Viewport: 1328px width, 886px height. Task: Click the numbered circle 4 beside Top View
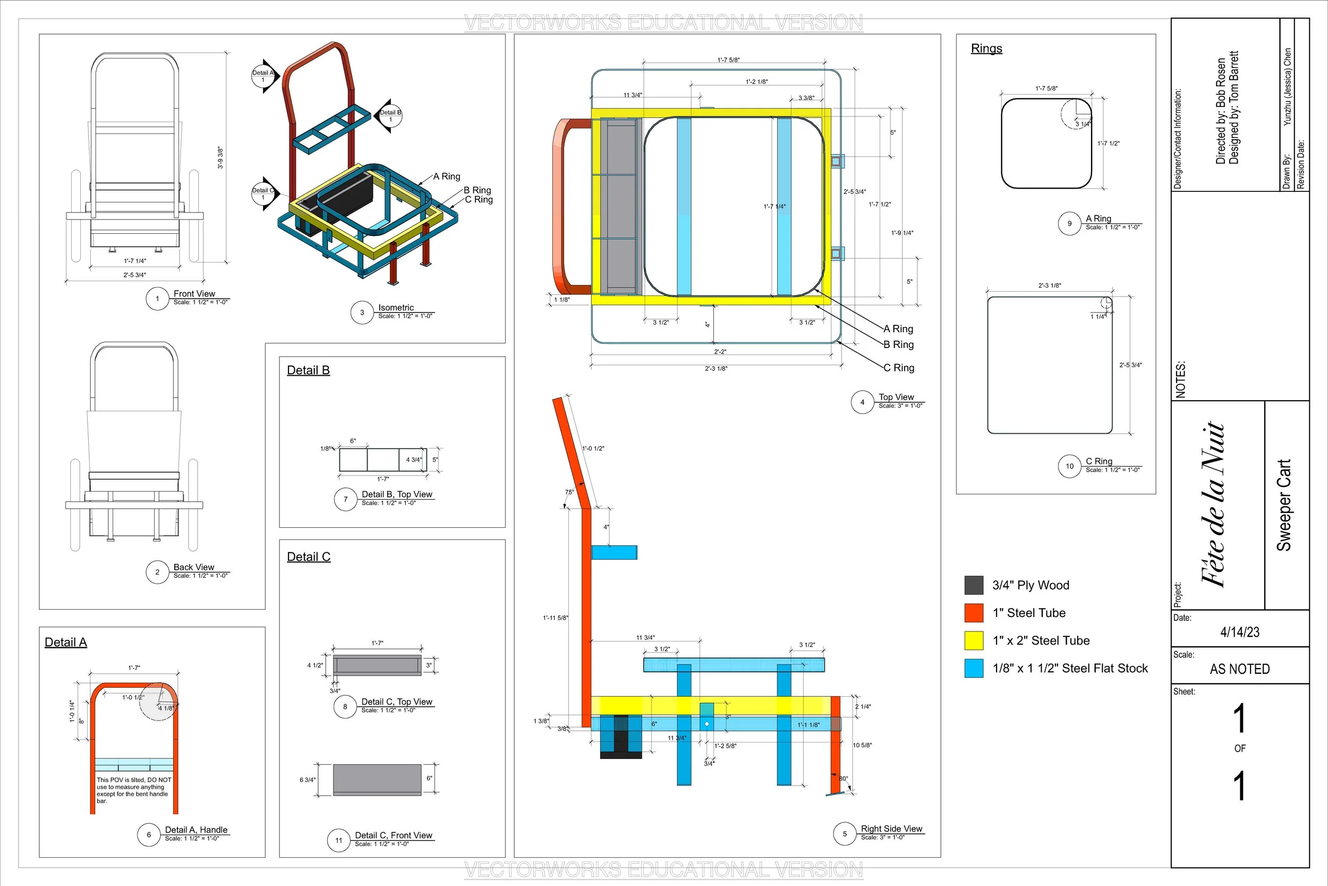(862, 402)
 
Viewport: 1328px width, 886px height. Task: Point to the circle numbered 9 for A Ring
(1069, 224)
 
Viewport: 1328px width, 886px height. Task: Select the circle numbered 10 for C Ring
(1069, 466)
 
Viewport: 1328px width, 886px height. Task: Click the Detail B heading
(308, 370)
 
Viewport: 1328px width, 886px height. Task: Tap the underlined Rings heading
(986, 48)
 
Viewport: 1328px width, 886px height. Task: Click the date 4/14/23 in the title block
(1240, 632)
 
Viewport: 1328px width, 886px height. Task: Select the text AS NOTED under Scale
(1240, 670)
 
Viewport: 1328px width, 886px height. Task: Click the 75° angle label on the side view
(569, 492)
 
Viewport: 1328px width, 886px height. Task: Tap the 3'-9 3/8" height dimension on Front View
(220, 158)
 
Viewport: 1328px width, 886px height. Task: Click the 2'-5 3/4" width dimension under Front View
(134, 275)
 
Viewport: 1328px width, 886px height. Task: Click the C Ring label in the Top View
(899, 368)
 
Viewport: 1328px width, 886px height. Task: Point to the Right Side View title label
(891, 829)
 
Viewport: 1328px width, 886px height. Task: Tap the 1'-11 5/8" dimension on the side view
(556, 618)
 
